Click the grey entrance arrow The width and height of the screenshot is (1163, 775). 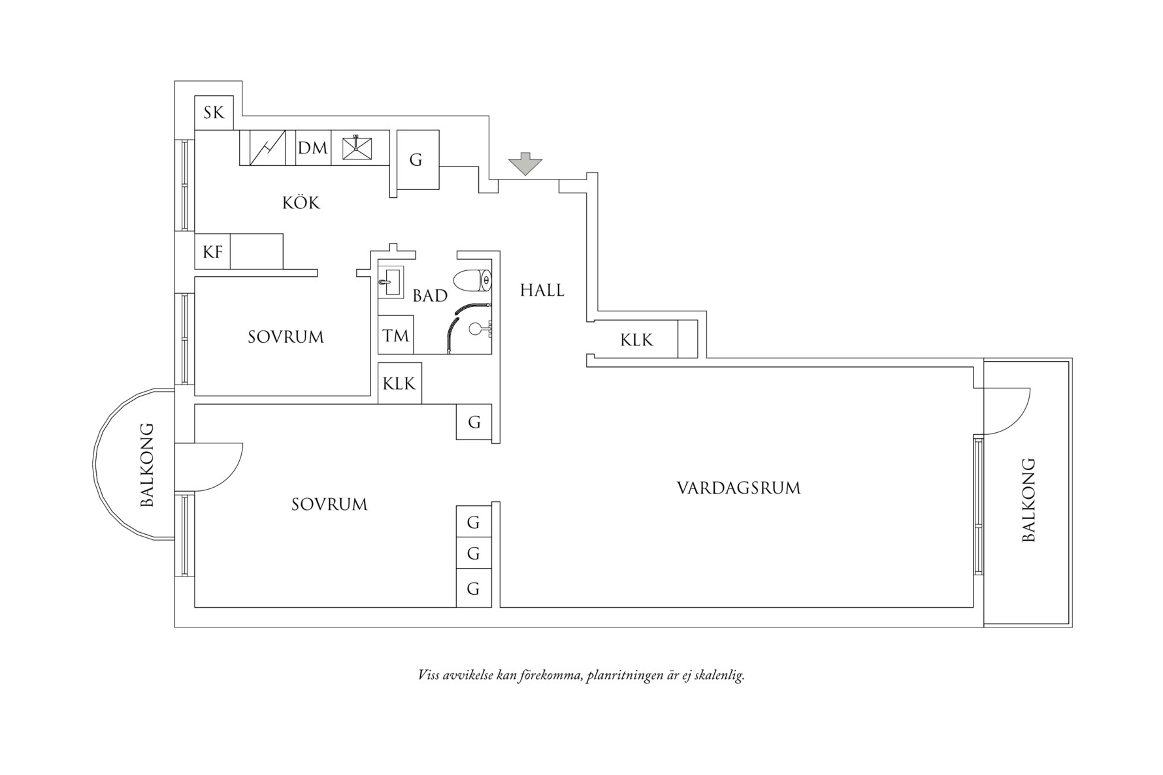click(x=525, y=163)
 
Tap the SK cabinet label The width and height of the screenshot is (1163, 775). click(x=214, y=113)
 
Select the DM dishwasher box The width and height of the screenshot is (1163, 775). click(x=313, y=148)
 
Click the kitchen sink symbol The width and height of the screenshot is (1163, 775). click(x=357, y=148)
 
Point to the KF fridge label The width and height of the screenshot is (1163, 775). click(x=212, y=251)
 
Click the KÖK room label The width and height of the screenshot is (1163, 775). click(x=301, y=202)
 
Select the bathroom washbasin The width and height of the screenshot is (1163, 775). click(x=391, y=281)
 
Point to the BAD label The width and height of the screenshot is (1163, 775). click(x=430, y=296)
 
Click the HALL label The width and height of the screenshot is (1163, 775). click(x=542, y=290)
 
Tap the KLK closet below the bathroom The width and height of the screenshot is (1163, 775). click(x=399, y=383)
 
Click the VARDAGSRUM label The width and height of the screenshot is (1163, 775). click(x=738, y=488)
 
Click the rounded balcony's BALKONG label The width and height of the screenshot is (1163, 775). click(x=147, y=465)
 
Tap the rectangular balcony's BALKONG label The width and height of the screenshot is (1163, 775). click(x=1028, y=499)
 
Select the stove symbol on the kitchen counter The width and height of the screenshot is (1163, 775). click(x=267, y=148)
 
